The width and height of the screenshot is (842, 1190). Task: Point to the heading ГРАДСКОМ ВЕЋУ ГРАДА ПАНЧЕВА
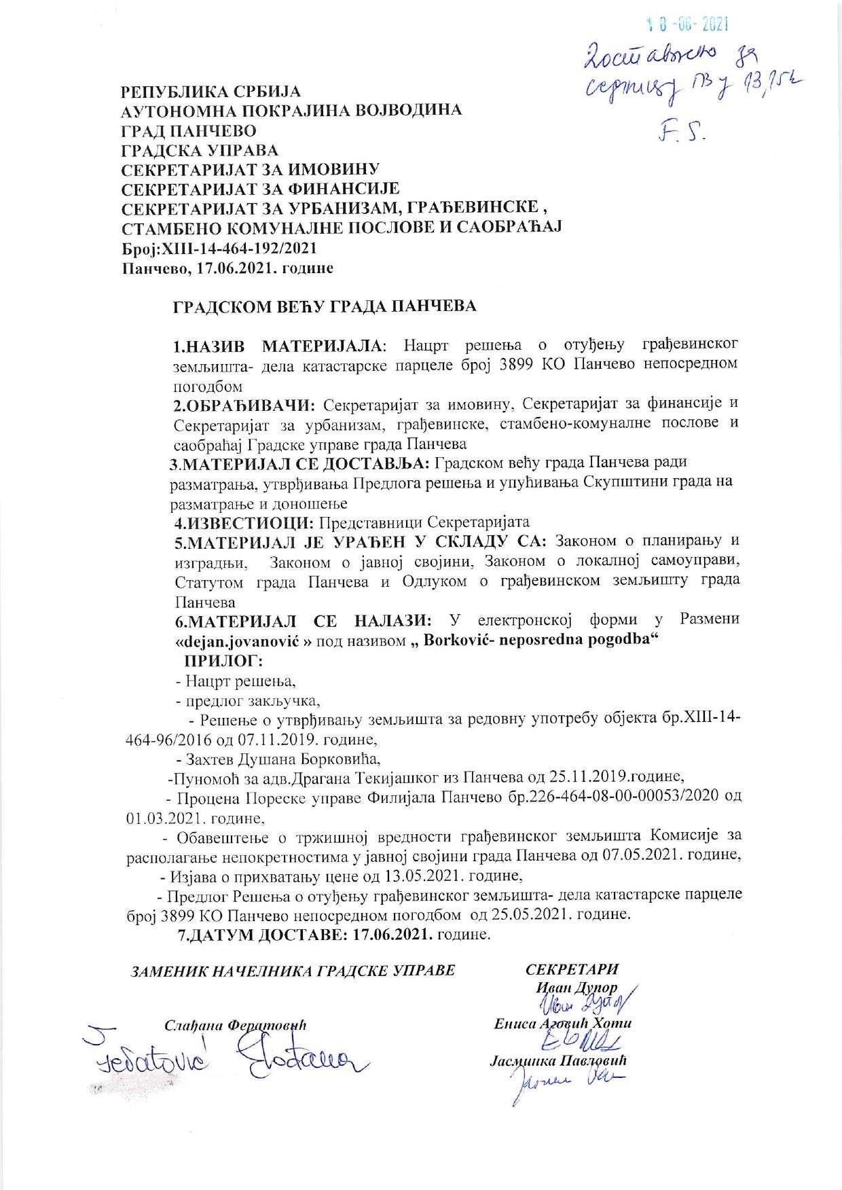(325, 306)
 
